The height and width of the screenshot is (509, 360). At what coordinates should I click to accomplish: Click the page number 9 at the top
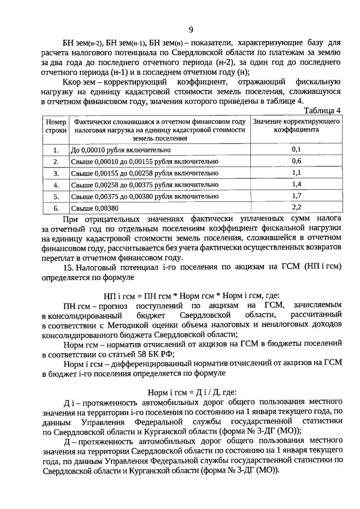191,30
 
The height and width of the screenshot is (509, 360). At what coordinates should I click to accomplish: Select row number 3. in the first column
56,173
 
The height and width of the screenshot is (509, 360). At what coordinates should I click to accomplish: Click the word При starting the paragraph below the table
70,219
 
